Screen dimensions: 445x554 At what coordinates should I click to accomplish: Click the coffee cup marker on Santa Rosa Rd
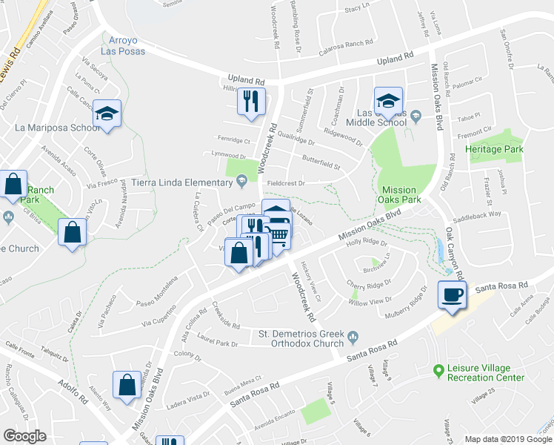tap(451, 294)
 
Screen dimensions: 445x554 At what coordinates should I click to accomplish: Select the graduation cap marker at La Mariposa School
tap(107, 114)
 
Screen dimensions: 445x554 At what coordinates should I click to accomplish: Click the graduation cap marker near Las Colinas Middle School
tap(387, 100)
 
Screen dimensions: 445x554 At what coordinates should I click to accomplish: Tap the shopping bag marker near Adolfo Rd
tap(127, 385)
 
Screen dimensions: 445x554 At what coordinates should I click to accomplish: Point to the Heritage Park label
tap(494, 149)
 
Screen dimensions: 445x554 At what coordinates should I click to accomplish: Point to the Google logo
tap(24, 436)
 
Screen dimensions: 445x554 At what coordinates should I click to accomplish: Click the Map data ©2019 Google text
tap(508, 439)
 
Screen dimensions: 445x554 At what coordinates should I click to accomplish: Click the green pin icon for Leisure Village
tap(438, 368)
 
